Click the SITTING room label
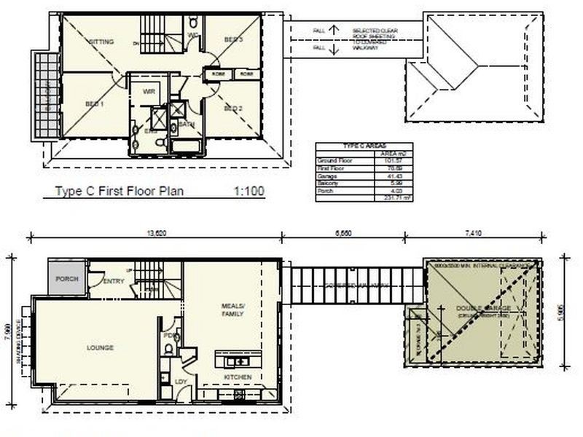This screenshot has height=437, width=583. tap(101, 42)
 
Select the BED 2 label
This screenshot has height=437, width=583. tap(233, 109)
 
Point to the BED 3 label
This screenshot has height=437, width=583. tap(233, 39)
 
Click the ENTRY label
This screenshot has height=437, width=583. tap(114, 281)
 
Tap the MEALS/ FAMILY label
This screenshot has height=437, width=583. tap(232, 310)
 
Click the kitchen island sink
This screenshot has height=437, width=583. tap(235, 361)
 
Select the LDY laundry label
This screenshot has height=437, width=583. tap(180, 381)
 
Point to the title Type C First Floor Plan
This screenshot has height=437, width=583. tap(120, 192)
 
